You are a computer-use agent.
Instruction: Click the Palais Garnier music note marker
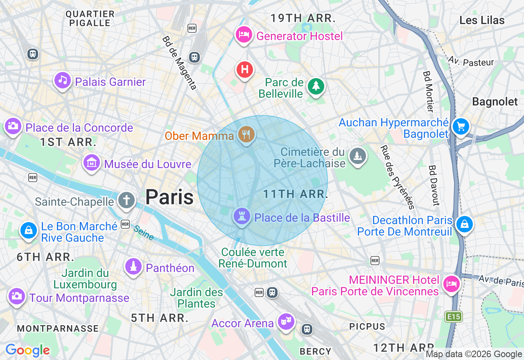point(62,80)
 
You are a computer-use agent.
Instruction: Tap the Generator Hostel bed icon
point(244,35)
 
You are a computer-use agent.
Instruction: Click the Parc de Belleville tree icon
point(316,86)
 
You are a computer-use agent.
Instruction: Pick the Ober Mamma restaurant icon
point(246,134)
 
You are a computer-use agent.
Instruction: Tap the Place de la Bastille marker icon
point(242,216)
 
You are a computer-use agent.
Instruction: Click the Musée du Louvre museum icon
point(92,163)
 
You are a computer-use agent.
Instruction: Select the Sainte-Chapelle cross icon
point(126,200)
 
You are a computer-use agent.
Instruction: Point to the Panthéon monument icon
point(133,267)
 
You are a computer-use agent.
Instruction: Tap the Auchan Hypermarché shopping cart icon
point(461,126)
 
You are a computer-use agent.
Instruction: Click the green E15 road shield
point(454,316)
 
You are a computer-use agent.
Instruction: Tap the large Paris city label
point(169,197)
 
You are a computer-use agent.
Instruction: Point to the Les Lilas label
point(482,20)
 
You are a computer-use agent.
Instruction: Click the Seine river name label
point(144,233)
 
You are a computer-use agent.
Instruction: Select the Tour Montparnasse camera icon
point(17,296)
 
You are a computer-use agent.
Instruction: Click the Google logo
point(27,350)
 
